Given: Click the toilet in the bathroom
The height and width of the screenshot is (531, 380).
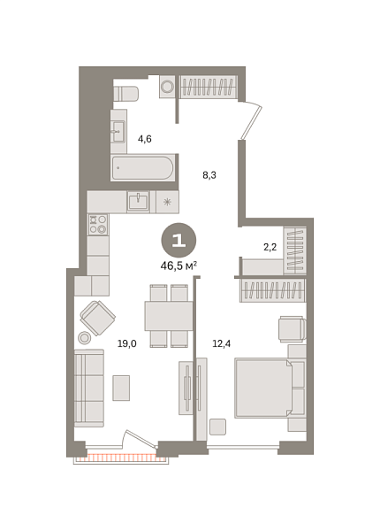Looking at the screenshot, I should pyautogui.click(x=125, y=93).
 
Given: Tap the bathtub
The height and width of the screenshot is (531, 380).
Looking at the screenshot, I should pyautogui.click(x=142, y=168).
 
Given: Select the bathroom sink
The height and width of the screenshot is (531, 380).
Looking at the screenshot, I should pyautogui.click(x=118, y=132).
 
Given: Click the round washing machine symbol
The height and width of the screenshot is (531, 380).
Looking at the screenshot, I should pyautogui.click(x=167, y=88).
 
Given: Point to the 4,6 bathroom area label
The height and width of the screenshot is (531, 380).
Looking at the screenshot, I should pyautogui.click(x=145, y=139).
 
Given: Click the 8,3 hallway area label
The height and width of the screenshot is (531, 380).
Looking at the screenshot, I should pyautogui.click(x=209, y=175).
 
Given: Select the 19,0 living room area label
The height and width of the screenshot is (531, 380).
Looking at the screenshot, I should pyautogui.click(x=127, y=344).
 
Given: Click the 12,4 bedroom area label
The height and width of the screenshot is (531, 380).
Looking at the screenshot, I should pyautogui.click(x=221, y=344).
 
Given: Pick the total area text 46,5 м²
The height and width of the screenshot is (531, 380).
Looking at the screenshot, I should pyautogui.click(x=179, y=265).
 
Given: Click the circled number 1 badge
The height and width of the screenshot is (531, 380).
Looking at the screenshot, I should pyautogui.click(x=179, y=239).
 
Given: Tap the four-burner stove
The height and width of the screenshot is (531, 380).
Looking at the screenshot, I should pyautogui.click(x=97, y=225).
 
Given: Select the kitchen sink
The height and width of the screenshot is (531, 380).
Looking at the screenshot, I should pyautogui.click(x=139, y=202).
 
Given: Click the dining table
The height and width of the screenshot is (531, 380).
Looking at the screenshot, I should pyautogui.click(x=169, y=315).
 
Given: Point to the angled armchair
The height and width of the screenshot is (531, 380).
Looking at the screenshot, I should pyautogui.click(x=97, y=316).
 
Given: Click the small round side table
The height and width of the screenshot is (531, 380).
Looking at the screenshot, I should pyautogui.click(x=85, y=337).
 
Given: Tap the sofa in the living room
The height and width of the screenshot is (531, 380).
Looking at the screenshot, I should pyautogui.click(x=88, y=387).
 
